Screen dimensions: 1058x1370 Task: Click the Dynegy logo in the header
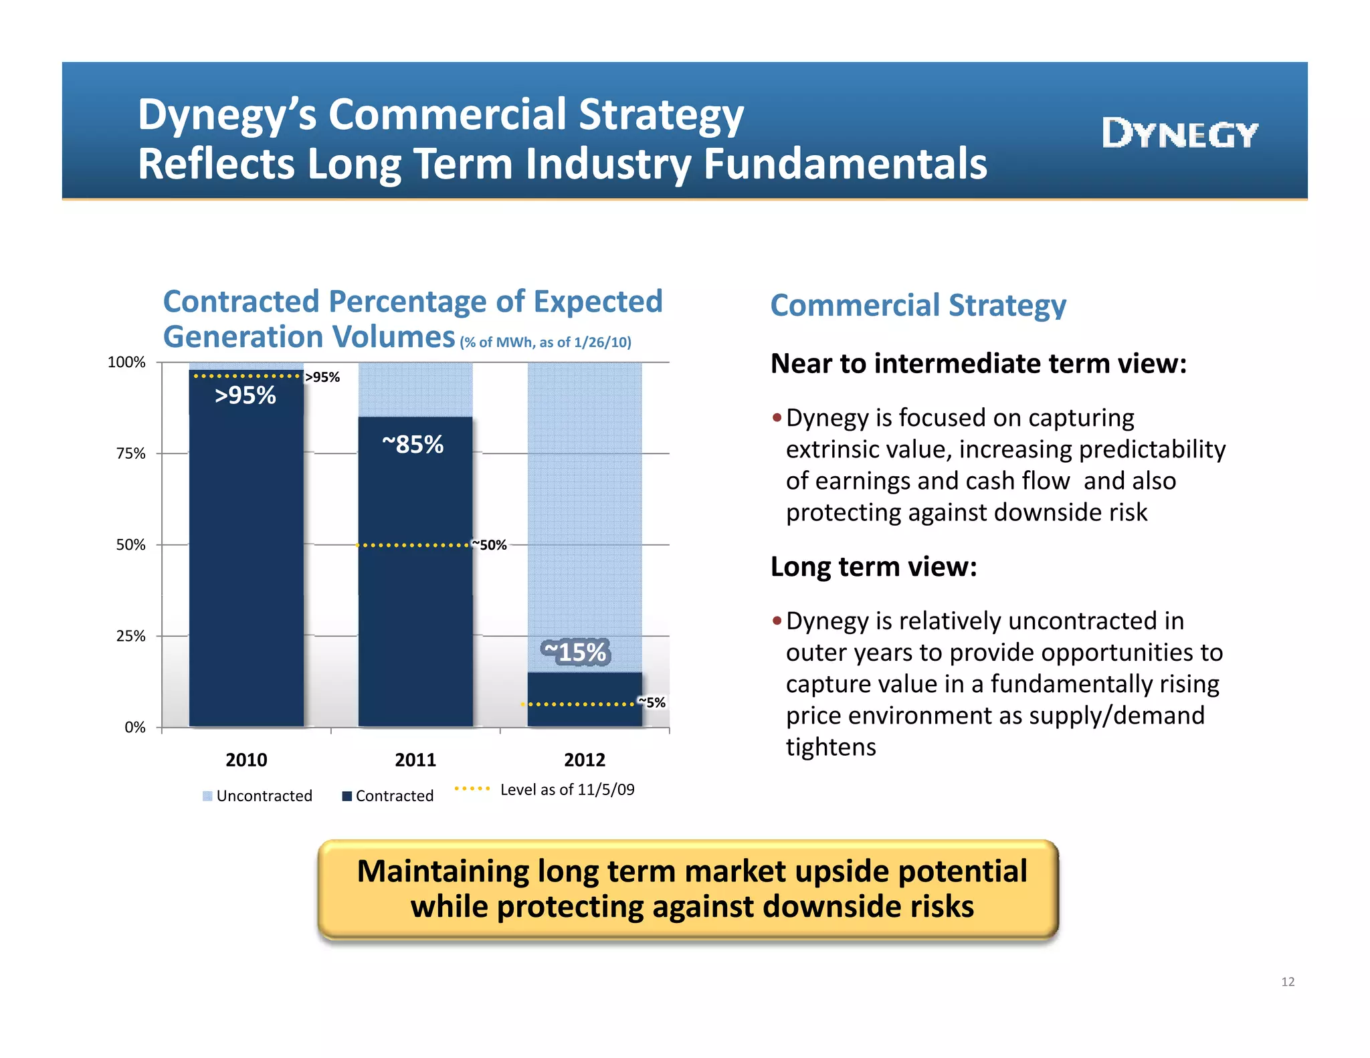[x=1179, y=134]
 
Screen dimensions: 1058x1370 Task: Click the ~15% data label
[x=575, y=652]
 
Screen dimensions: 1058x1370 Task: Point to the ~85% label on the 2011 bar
[x=413, y=444]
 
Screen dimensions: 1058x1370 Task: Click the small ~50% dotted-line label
[x=490, y=545]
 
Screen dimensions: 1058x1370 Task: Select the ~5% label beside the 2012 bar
[x=652, y=702]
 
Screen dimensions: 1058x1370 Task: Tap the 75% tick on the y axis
[x=130, y=454]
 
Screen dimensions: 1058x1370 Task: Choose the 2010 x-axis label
[x=246, y=760]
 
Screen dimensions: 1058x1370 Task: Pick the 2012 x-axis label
[x=584, y=760]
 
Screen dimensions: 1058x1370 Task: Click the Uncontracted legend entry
[x=258, y=796]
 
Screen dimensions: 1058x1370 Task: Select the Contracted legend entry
[x=388, y=796]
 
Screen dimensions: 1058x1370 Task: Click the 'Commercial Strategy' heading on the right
[x=918, y=306]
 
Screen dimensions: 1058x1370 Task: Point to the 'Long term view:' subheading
[x=873, y=567]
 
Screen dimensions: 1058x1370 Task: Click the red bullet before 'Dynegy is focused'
[x=777, y=418]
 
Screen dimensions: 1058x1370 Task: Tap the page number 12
[x=1287, y=982]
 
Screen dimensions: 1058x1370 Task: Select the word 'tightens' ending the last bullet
[x=830, y=747]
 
